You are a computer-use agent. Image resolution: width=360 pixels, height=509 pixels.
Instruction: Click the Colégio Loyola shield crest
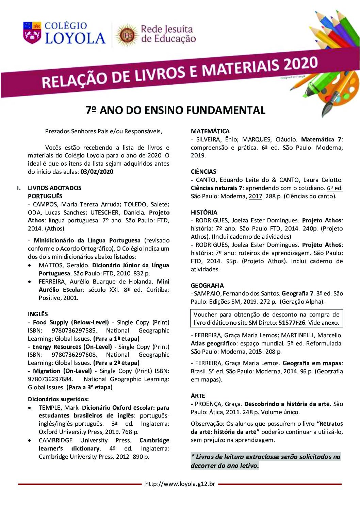click(31, 33)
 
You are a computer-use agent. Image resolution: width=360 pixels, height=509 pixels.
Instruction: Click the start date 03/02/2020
click(97, 172)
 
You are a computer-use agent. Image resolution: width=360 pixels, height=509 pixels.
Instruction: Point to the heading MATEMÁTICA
click(210, 131)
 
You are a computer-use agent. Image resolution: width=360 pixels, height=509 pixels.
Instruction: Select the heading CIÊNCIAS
click(203, 172)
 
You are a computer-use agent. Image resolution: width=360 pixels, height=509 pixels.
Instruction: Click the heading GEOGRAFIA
click(207, 286)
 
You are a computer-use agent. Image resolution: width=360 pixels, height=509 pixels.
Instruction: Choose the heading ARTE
click(198, 396)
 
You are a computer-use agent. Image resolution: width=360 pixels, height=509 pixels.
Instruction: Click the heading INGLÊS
click(38, 314)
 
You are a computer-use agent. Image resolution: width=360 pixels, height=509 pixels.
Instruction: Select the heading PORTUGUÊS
click(45, 196)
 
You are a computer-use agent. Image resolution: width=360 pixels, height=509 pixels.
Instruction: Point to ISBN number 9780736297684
click(50, 379)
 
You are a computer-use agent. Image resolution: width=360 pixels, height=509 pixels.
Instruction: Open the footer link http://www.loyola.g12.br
click(180, 484)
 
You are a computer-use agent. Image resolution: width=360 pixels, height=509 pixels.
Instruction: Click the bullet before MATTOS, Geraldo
click(31, 265)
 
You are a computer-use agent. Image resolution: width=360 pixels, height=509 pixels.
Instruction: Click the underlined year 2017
click(256, 196)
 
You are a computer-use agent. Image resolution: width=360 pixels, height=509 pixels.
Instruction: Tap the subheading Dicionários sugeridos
click(58, 399)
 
